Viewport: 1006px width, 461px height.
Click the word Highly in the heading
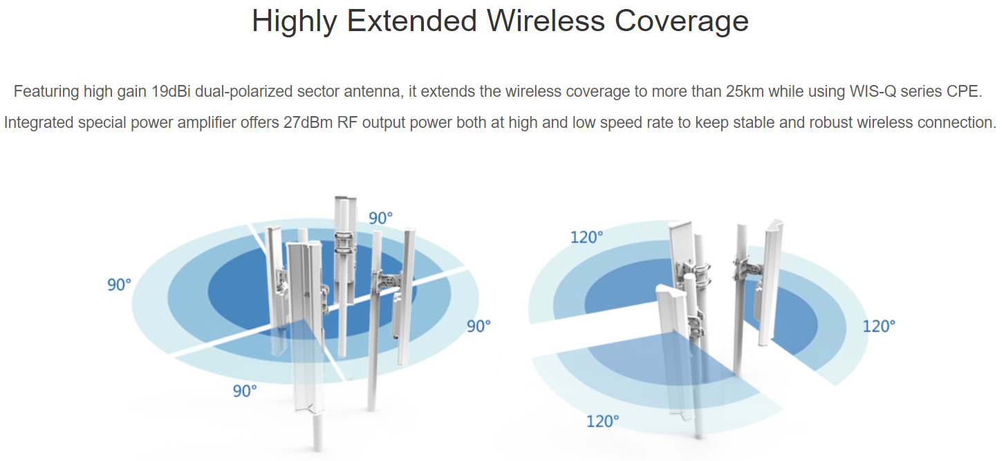(x=294, y=21)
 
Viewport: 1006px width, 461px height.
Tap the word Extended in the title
(x=412, y=21)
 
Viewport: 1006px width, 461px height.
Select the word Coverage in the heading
(x=681, y=21)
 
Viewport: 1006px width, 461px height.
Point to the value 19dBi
(x=171, y=91)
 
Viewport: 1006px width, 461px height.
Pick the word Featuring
(x=46, y=92)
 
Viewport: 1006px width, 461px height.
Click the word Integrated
(x=38, y=123)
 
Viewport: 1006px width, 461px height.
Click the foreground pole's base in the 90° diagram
(x=317, y=446)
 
